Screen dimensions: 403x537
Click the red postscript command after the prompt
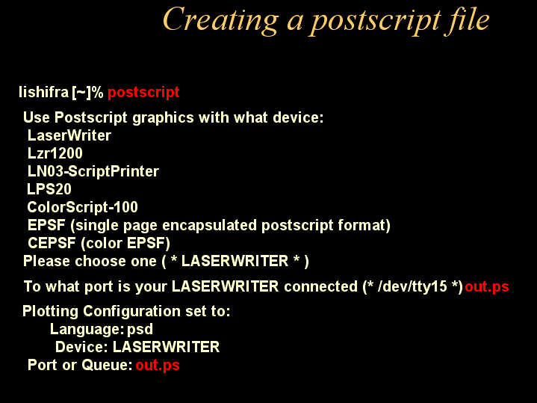pyautogui.click(x=143, y=93)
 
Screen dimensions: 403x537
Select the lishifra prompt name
pyautogui.click(x=43, y=93)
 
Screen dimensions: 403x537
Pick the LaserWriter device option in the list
pyautogui.click(x=69, y=135)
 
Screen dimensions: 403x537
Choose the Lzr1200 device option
pyautogui.click(x=55, y=153)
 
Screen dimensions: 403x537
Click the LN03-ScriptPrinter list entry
pyautogui.click(x=93, y=171)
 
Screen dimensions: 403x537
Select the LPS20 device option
pyautogui.click(x=49, y=189)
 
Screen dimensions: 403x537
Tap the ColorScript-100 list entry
pyautogui.click(x=82, y=207)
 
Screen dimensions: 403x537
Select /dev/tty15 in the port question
pyautogui.click(x=418, y=286)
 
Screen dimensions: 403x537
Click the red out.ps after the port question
pyautogui.click(x=487, y=287)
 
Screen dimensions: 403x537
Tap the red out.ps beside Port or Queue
pyautogui.click(x=157, y=366)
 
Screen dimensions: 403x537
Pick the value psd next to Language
pyautogui.click(x=140, y=329)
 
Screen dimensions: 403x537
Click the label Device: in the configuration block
pyautogui.click(x=81, y=347)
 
